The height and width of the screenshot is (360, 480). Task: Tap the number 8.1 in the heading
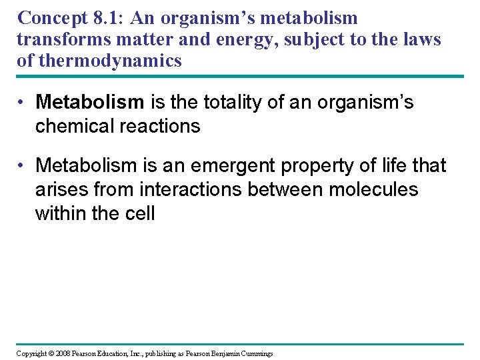click(110, 18)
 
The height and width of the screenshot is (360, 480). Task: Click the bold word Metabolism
click(89, 102)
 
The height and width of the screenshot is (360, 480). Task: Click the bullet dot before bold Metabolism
click(22, 102)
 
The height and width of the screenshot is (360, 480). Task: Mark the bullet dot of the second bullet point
click(22, 165)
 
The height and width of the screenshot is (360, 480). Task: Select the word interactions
click(191, 189)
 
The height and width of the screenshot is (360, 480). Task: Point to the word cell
click(141, 213)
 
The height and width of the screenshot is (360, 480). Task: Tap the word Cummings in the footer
click(255, 353)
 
